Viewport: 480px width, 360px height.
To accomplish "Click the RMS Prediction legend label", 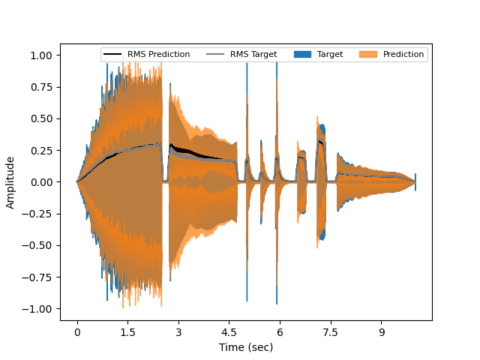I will [158, 55].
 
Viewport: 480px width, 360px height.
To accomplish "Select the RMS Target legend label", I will [253, 55].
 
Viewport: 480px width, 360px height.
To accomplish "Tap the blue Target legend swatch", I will [302, 55].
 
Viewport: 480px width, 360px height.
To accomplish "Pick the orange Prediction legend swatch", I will [368, 55].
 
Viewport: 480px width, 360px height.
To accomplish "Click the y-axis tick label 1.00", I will [40, 55].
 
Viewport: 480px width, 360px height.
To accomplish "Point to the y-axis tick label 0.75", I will [40, 87].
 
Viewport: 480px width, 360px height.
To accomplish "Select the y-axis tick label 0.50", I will [40, 118].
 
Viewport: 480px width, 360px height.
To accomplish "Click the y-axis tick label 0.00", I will [40, 182].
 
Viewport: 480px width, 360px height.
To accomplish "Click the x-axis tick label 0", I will [77, 331].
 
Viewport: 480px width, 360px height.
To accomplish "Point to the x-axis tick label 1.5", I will [127, 331].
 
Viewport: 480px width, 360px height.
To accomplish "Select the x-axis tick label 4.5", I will [229, 331].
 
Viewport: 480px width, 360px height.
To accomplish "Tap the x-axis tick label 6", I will [280, 331].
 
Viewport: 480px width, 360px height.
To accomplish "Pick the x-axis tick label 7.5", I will [331, 331].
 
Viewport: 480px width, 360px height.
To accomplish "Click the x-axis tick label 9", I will [381, 331].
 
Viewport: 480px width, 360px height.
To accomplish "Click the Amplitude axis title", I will [11, 182].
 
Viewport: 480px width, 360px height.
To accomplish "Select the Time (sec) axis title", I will [246, 347].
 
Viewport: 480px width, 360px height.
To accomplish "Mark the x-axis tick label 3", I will [178, 331].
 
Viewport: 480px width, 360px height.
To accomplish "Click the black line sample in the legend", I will [113, 55].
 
